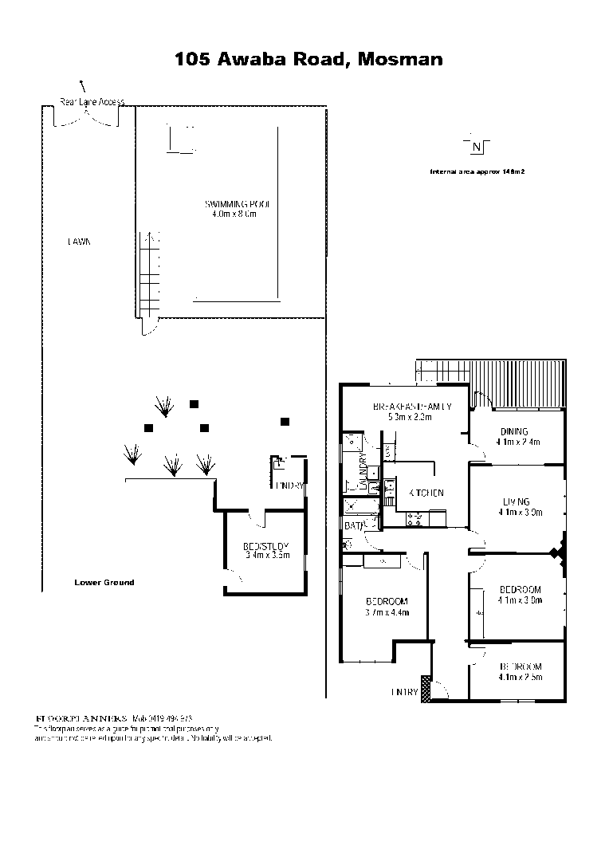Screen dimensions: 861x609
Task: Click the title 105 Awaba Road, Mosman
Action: tap(308, 59)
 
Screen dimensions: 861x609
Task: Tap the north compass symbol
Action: tap(476, 146)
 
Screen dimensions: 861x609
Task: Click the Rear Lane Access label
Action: tap(92, 102)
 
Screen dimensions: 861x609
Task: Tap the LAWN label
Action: tap(78, 242)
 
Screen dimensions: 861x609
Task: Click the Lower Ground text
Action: tap(104, 582)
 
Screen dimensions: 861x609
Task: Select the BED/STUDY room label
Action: tap(265, 546)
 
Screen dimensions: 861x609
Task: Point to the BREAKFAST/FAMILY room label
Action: tap(411, 407)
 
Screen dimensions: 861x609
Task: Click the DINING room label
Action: tap(514, 431)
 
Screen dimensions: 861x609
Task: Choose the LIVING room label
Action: tap(516, 501)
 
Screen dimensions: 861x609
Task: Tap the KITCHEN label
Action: tap(426, 493)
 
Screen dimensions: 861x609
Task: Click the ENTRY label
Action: tap(404, 692)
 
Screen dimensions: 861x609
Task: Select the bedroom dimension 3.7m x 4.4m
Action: tap(387, 612)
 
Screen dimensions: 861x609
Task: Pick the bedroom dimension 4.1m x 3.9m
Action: tap(520, 600)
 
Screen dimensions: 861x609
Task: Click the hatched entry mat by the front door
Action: tap(426, 688)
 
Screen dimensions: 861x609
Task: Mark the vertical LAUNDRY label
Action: tap(363, 471)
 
